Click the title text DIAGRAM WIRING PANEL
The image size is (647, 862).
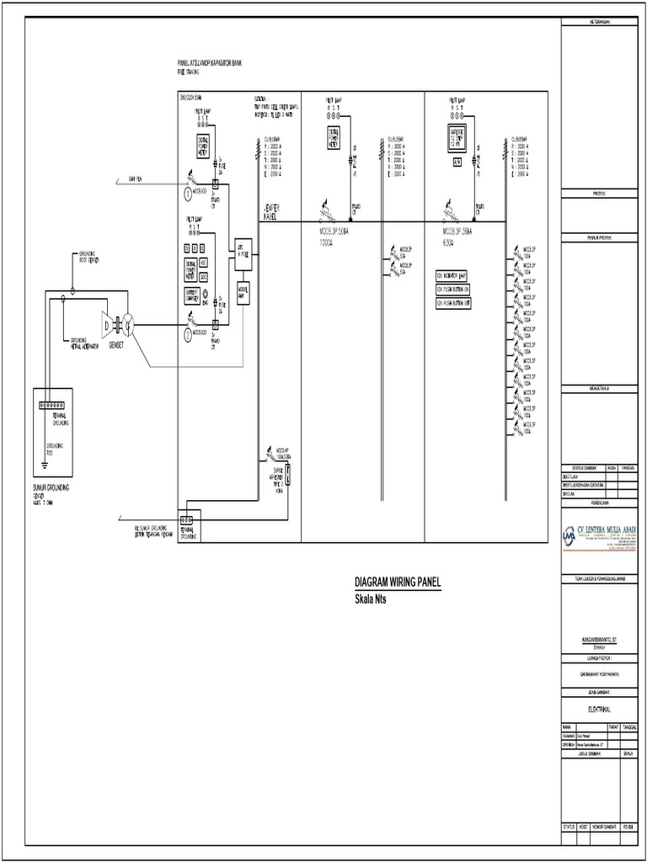tap(397, 582)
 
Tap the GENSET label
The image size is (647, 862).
tap(116, 345)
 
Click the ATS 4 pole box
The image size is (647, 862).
tap(243, 253)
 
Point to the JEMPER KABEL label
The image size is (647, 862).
tap(271, 212)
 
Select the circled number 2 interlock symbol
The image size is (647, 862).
tap(188, 334)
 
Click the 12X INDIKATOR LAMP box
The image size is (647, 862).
tap(452, 275)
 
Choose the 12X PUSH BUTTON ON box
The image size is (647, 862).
tap(452, 289)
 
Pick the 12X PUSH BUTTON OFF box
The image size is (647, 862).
tap(452, 303)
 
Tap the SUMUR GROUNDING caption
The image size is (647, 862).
tap(51, 487)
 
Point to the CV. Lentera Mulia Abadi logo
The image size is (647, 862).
tap(600, 537)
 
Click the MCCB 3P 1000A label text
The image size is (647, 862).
tap(337, 236)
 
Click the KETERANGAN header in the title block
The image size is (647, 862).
tap(599, 21)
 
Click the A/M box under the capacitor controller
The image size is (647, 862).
tap(456, 162)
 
